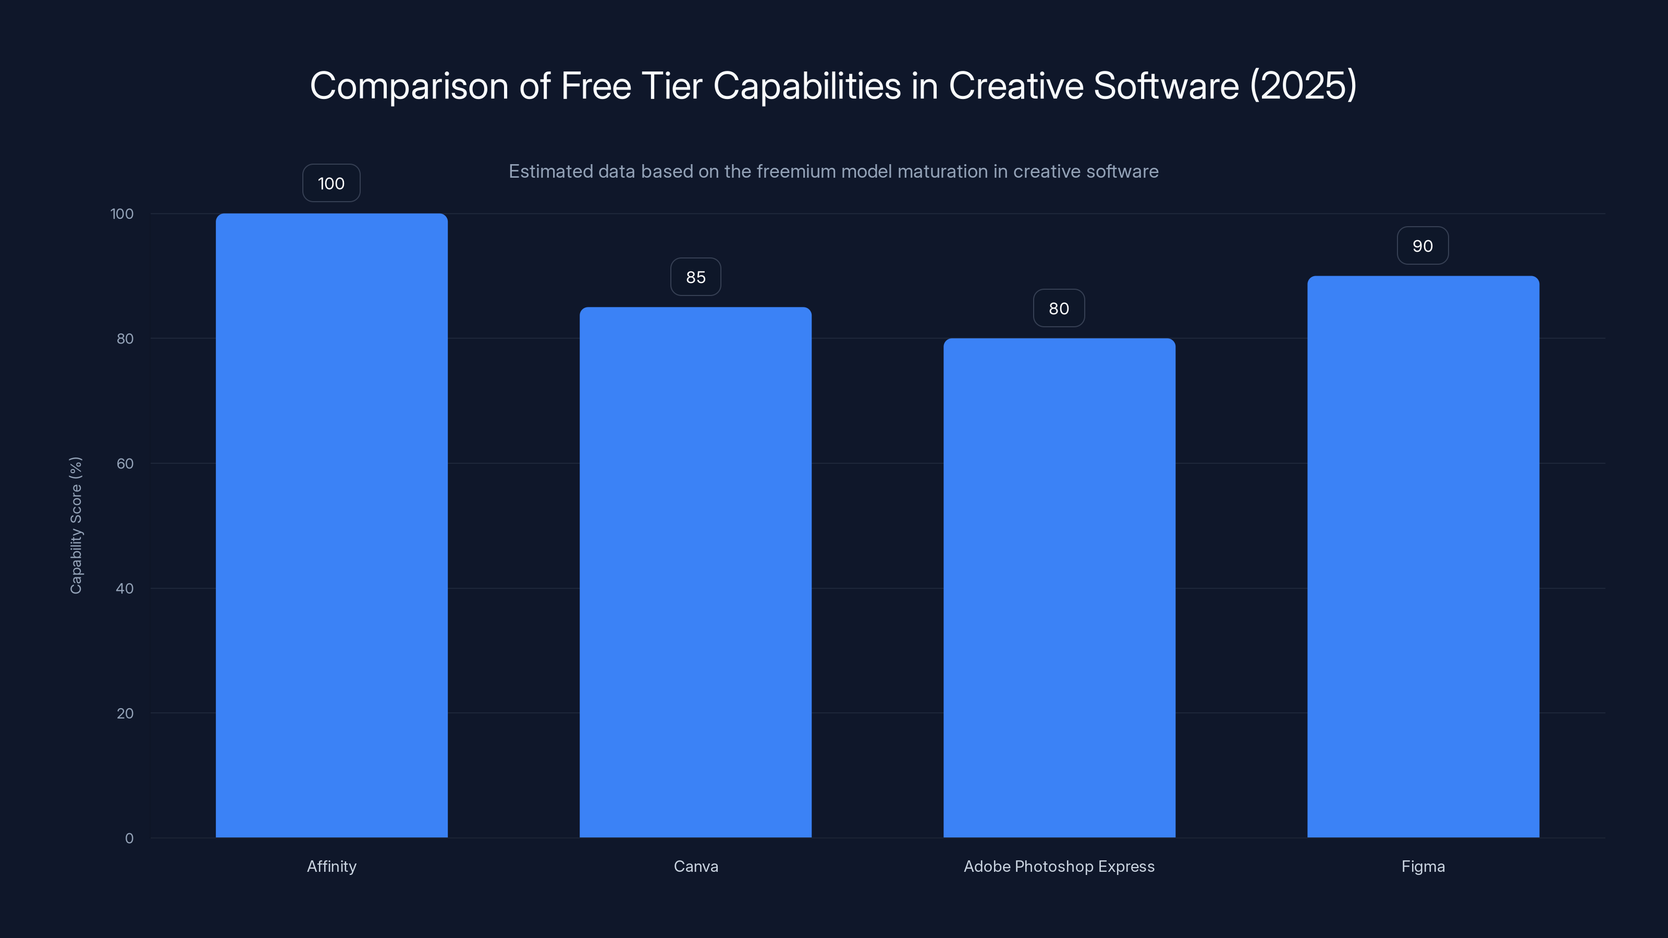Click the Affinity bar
tap(332, 525)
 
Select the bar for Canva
tap(695, 572)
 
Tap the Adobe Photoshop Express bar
tap(1059, 588)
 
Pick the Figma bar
tap(1422, 557)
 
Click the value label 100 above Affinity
tap(331, 183)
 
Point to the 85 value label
tap(695, 277)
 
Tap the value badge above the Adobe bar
tap(1059, 308)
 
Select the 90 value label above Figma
tap(1422, 246)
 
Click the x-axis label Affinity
tap(332, 866)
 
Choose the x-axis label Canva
tap(695, 866)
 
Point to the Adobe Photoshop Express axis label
tap(1059, 866)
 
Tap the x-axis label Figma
tap(1422, 866)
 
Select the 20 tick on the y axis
tap(125, 713)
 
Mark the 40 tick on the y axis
tap(125, 588)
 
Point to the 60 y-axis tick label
tap(125, 463)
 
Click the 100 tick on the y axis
tap(122, 214)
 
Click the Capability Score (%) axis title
tap(76, 525)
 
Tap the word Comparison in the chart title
tap(409, 86)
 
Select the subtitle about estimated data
tap(833, 171)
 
